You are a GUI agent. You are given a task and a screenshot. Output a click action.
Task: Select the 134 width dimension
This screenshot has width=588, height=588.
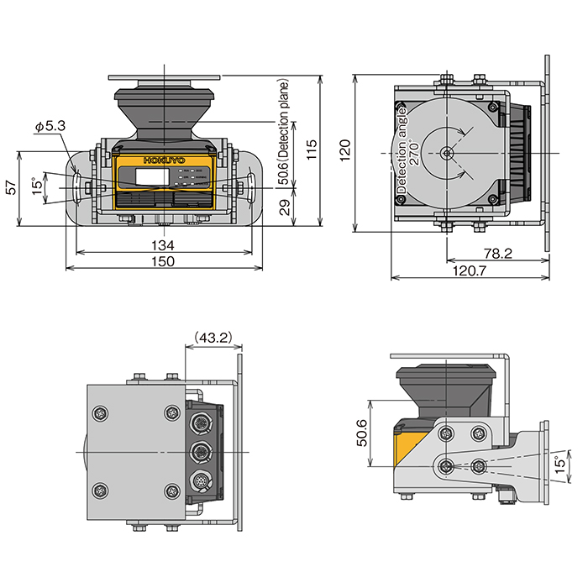[163, 244]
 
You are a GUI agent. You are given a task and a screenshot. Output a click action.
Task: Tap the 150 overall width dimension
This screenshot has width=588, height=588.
[163, 261]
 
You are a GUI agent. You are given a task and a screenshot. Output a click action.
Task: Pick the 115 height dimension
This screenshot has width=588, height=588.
[312, 150]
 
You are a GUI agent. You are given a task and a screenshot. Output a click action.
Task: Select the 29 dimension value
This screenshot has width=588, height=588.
[285, 207]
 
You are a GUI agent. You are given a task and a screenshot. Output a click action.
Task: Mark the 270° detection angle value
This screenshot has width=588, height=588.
[413, 150]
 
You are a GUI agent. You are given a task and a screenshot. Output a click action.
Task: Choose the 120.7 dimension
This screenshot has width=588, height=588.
[470, 270]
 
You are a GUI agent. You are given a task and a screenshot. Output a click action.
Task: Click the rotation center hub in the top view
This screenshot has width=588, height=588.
[447, 153]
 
